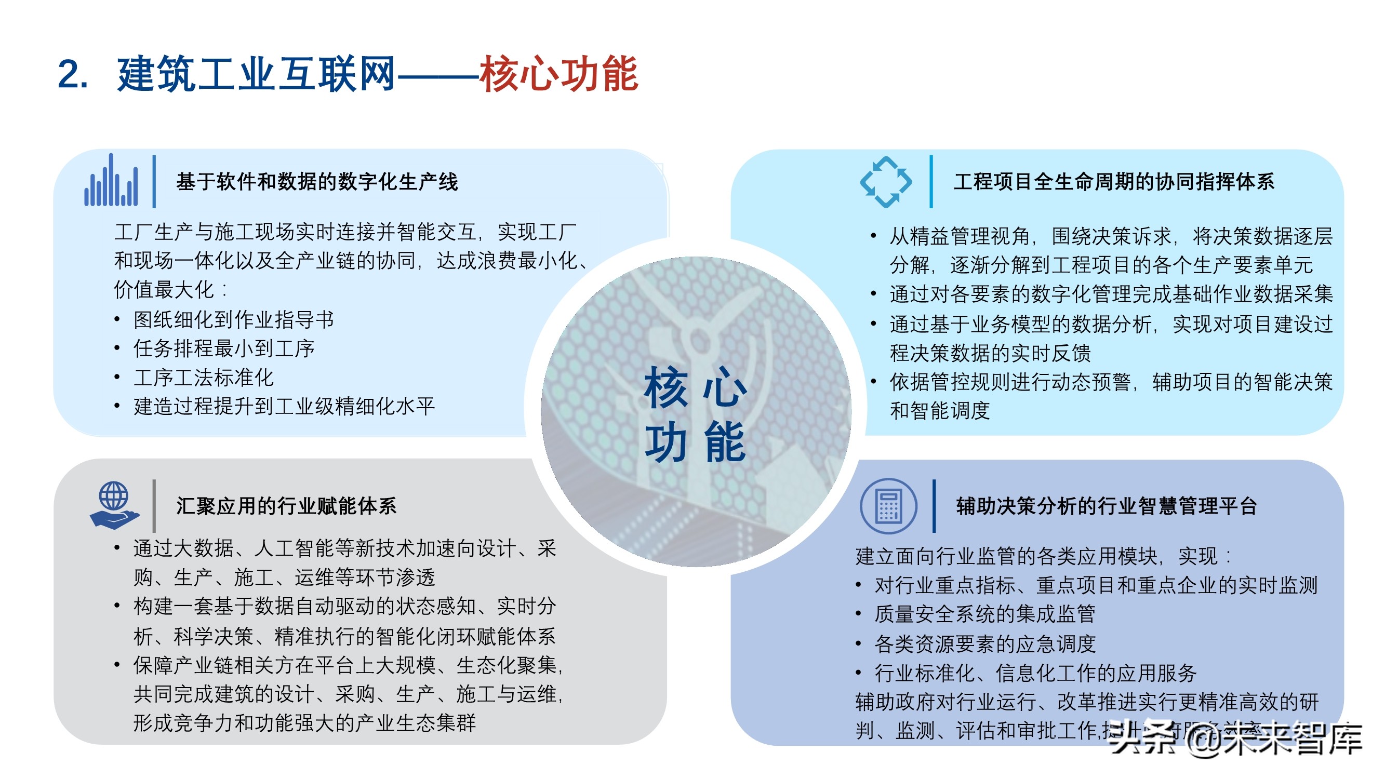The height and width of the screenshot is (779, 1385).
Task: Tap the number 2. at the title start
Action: click(73, 74)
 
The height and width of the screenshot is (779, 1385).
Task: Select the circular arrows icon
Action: click(886, 182)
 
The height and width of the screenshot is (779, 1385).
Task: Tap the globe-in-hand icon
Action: click(114, 505)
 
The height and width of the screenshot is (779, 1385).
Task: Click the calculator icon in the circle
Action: click(888, 506)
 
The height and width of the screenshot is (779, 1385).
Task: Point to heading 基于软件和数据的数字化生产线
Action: click(317, 182)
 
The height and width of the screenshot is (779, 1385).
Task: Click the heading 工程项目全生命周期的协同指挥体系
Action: click(1114, 182)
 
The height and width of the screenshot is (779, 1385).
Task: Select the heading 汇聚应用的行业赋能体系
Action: click(287, 506)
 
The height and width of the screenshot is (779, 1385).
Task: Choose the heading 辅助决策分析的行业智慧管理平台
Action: click(1107, 506)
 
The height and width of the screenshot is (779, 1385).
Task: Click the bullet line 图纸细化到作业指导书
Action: click(234, 320)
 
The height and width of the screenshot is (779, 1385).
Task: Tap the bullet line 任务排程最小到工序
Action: click(224, 348)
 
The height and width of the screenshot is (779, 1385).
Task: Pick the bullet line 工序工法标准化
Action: click(204, 378)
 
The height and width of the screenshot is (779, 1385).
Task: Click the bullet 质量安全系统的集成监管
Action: click(985, 614)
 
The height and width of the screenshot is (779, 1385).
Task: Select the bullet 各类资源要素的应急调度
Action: click(985, 643)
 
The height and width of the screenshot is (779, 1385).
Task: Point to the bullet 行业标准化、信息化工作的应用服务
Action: click(1035, 673)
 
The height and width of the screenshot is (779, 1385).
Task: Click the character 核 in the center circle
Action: click(666, 387)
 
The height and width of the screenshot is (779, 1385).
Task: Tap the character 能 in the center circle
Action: click(725, 442)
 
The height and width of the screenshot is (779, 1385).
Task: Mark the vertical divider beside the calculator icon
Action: click(935, 506)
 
